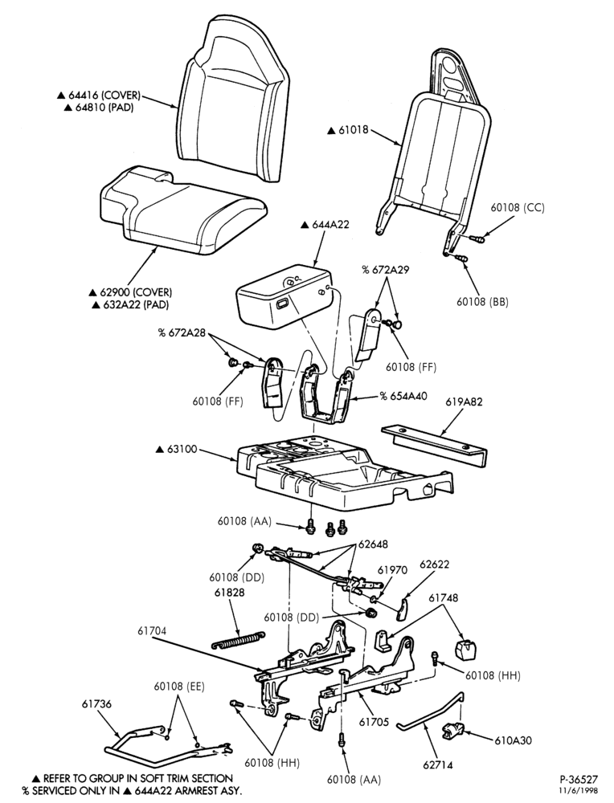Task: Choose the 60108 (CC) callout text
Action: (517, 207)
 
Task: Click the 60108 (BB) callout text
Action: (483, 302)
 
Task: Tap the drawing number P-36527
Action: (578, 780)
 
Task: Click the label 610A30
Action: (513, 740)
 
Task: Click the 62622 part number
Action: (434, 565)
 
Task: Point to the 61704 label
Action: (152, 631)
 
